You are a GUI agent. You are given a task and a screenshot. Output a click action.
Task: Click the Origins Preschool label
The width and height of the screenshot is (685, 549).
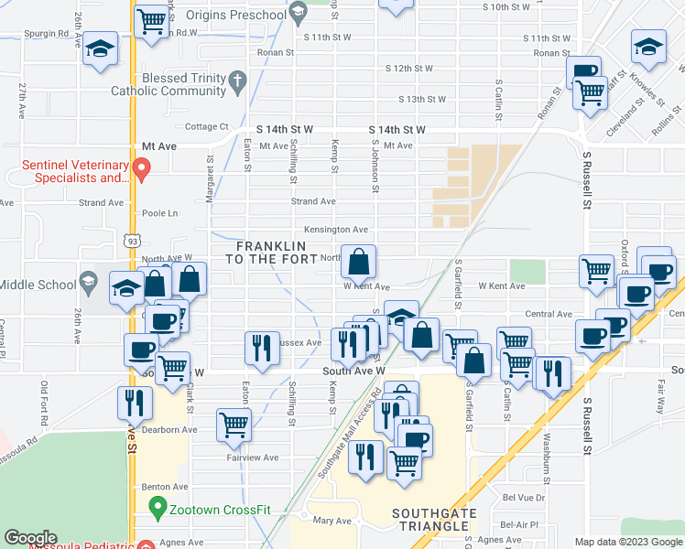click(x=235, y=16)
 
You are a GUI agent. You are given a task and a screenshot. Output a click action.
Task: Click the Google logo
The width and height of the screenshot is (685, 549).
click(x=30, y=538)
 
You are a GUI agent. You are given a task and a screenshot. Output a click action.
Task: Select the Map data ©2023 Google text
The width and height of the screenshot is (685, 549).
click(x=626, y=542)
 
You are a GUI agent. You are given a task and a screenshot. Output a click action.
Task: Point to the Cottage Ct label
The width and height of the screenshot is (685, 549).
click(x=206, y=126)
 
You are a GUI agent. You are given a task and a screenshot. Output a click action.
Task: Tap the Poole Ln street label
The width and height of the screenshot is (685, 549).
click(x=159, y=212)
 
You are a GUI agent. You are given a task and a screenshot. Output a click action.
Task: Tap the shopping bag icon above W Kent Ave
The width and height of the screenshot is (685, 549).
click(x=359, y=262)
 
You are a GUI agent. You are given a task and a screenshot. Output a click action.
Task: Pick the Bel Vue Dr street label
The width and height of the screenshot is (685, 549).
click(x=523, y=498)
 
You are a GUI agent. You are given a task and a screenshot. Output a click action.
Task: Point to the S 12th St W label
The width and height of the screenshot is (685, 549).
click(x=409, y=69)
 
